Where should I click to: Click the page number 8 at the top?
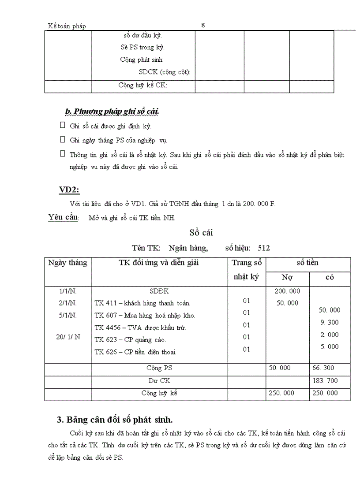[203, 25]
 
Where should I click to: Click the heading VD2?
[69, 190]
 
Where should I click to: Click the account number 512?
[263, 248]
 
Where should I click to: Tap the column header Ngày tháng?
[68, 263]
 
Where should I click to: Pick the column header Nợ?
[287, 277]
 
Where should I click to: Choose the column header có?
[329, 277]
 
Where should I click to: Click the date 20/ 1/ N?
[68, 336]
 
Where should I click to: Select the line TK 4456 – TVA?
[140, 328]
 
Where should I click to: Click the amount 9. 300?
[330, 322]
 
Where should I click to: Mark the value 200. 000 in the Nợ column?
[287, 291]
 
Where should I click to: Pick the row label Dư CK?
[159, 380]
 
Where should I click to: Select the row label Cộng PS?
[159, 368]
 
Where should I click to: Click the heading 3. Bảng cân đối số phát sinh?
[113, 419]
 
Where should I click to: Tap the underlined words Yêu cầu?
[63, 217]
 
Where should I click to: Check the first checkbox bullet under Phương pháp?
[62, 125]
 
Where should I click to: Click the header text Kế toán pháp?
[67, 26]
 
